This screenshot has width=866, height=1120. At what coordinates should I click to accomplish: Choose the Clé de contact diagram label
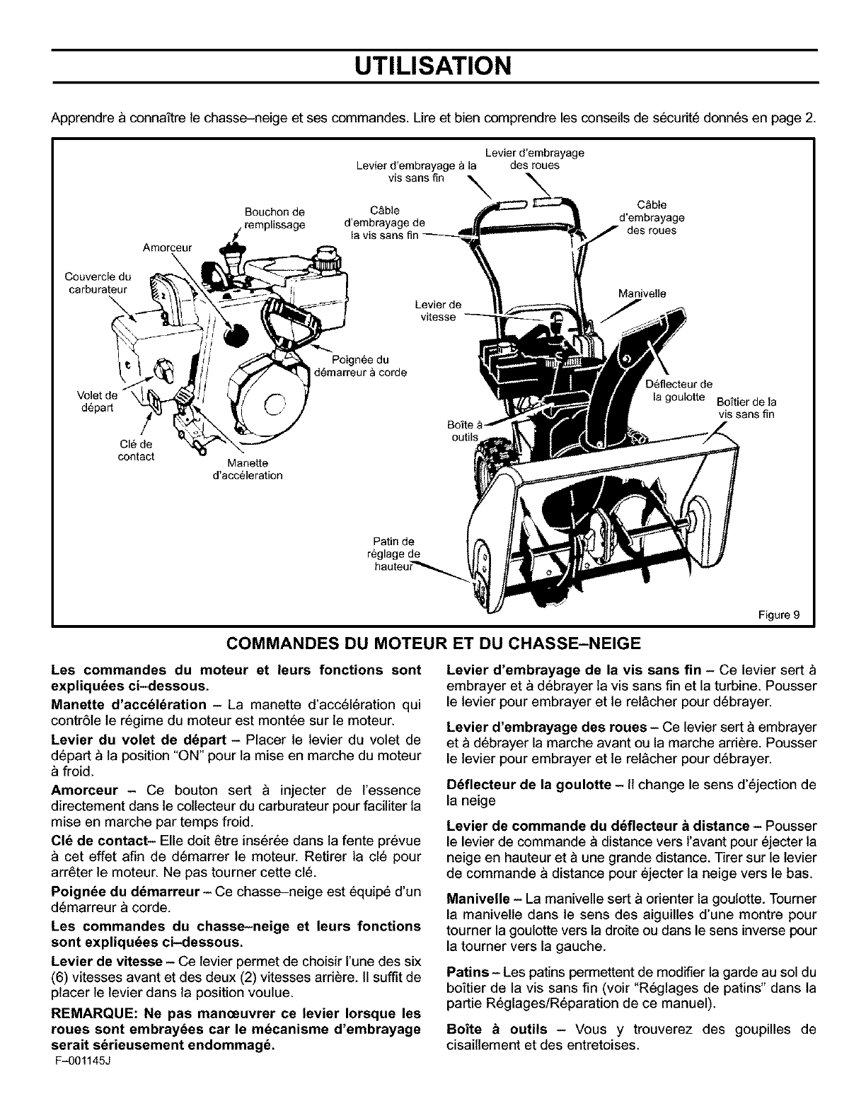pos(136,450)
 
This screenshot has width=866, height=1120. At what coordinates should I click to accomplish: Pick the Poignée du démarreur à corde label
pos(360,365)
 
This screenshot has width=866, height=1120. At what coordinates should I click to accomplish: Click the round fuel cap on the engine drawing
pos(328,254)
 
